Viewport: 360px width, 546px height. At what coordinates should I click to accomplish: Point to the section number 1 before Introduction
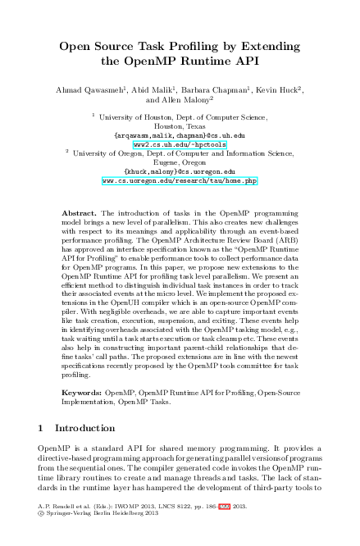[42, 428]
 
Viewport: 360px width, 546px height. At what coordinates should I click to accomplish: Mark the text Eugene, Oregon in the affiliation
[180, 162]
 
